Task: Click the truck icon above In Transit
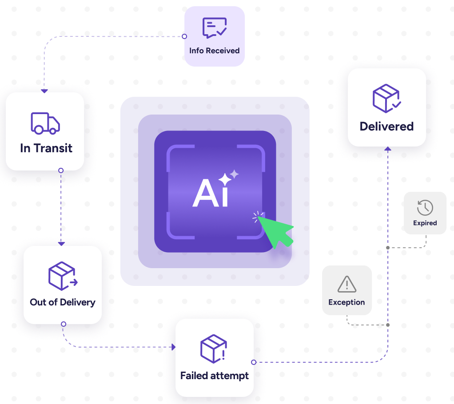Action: point(45,123)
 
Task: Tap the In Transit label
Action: point(46,148)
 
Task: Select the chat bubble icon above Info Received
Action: point(215,28)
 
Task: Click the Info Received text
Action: point(215,51)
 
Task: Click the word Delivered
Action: point(386,127)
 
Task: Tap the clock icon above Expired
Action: point(425,207)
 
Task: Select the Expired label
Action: point(425,223)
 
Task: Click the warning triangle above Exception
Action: point(346,284)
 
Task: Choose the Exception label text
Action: point(346,302)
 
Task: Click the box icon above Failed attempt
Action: point(214,349)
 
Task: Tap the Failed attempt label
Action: point(215,376)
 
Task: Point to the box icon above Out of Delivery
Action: point(62,276)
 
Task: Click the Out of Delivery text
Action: point(63,302)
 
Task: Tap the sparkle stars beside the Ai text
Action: point(228,178)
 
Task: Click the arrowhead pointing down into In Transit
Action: point(44,91)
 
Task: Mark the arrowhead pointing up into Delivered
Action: point(388,149)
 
